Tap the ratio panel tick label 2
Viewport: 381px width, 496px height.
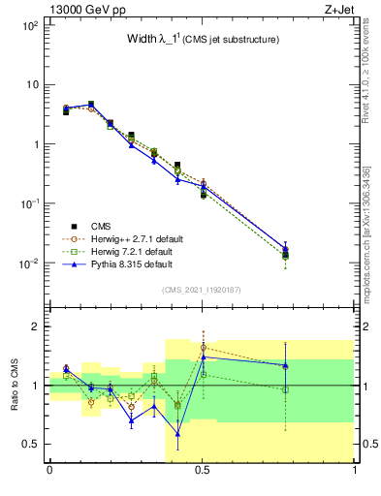tap(38, 326)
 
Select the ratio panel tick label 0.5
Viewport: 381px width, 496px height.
tap(33, 444)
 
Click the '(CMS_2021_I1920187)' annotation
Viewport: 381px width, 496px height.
tap(202, 289)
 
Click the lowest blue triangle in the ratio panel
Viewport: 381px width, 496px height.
tap(177, 434)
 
